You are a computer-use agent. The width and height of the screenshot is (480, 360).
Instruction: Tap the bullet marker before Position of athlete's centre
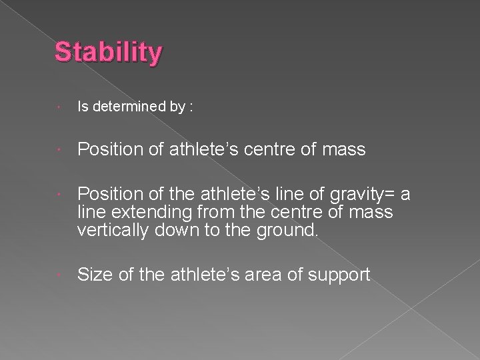pos(60,150)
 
